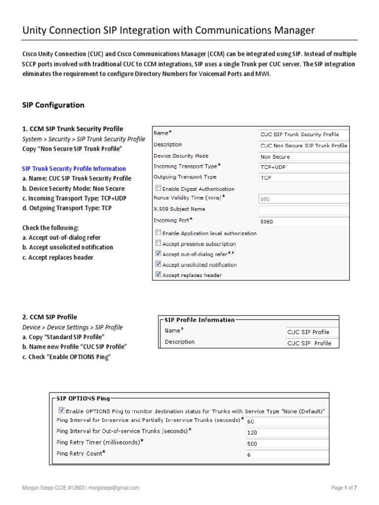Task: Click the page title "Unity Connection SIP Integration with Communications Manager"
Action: coord(168,31)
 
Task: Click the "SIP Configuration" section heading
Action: coord(53,105)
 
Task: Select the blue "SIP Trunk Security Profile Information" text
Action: coord(74,169)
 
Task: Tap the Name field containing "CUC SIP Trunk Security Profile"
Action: coord(303,134)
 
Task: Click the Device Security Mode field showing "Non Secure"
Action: coord(303,156)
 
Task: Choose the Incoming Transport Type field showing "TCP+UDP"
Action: coord(303,167)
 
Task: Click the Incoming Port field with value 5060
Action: coord(303,222)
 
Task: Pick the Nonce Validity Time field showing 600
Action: coord(303,199)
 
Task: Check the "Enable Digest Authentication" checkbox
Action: coord(158,188)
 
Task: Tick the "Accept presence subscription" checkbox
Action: coord(158,243)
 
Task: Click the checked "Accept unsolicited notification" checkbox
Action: coord(158,264)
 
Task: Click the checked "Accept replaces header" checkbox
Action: coord(158,275)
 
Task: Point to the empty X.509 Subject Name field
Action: coord(303,210)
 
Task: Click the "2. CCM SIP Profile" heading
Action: coord(50,317)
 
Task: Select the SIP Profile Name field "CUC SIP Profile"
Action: coord(312,332)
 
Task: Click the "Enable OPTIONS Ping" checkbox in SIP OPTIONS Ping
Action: coord(61,410)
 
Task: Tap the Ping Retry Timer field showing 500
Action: coord(286,443)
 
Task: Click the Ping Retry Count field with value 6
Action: coord(286,455)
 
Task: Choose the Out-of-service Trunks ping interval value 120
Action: coord(286,433)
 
